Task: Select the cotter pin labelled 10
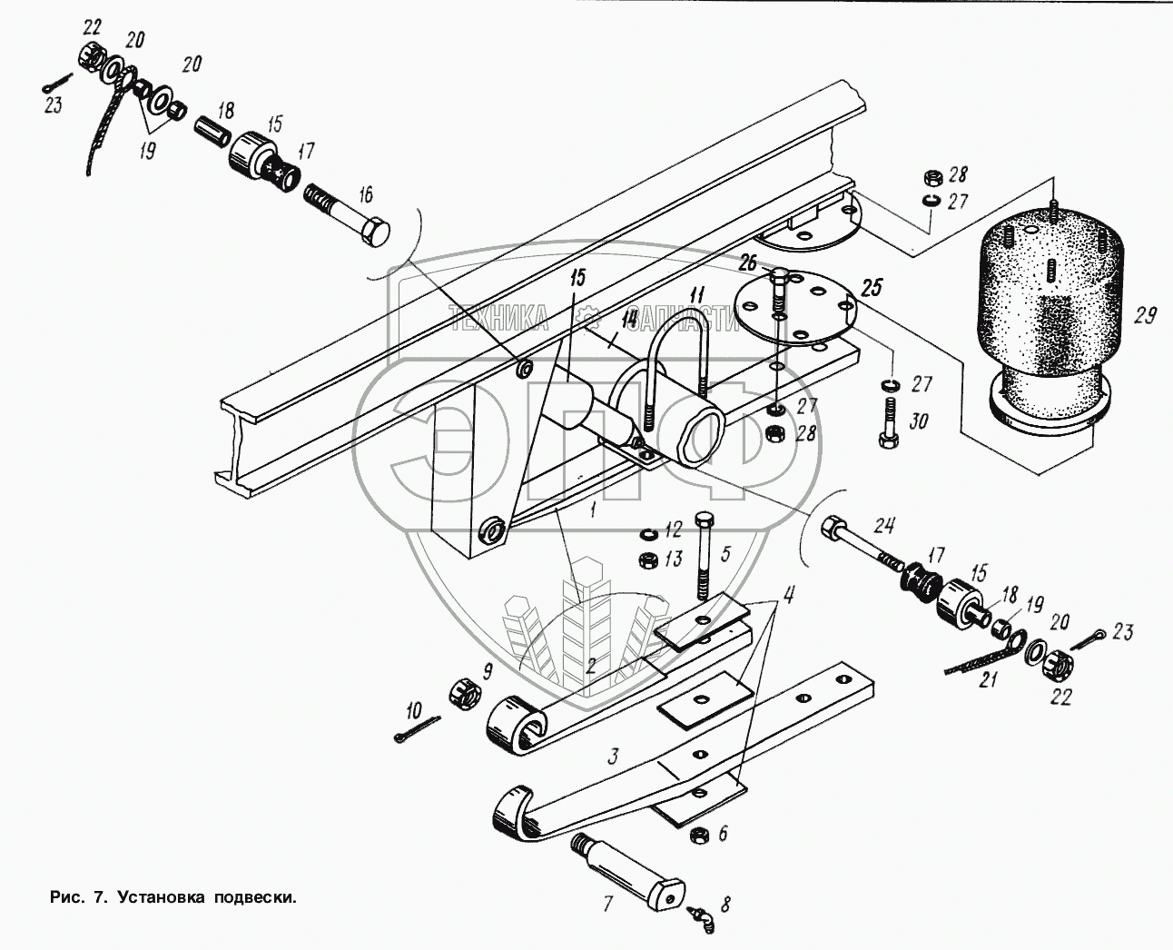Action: point(418,728)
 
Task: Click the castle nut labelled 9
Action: point(467,693)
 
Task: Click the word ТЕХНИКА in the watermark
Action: point(499,319)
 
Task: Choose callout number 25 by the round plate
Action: point(873,288)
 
